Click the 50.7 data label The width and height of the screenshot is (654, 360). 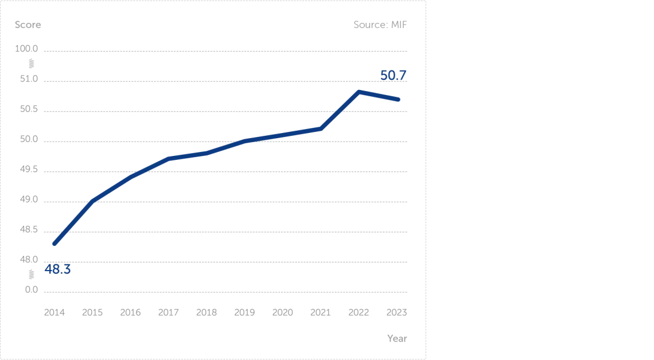pos(394,75)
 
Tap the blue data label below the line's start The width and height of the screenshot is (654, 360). pos(58,268)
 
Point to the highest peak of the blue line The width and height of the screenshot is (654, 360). pos(360,91)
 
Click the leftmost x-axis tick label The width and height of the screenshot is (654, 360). pos(55,312)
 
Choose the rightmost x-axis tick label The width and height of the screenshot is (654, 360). pos(397,312)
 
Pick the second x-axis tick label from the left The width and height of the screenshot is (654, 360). pos(92,312)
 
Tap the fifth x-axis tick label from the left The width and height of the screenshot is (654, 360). pos(207,312)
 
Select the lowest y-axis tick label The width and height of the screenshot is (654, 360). pos(32,289)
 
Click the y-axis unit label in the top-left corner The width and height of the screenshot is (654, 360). pos(28,25)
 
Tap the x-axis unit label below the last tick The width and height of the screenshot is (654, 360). pos(396,338)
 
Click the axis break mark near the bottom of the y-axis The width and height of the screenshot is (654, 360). pos(32,273)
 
